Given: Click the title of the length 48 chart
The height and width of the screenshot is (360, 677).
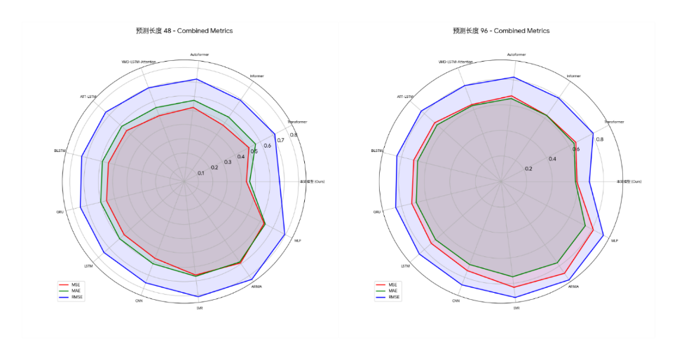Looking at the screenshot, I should tap(184, 31).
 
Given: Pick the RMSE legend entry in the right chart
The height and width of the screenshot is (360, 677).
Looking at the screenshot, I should tap(392, 297).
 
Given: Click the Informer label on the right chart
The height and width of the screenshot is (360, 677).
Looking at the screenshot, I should tap(573, 76).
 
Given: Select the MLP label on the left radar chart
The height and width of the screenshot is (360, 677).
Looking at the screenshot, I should tap(298, 241).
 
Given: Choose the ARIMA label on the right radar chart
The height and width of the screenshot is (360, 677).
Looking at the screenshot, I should tap(573, 286).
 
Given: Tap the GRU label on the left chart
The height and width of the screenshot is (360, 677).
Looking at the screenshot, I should tap(60, 212).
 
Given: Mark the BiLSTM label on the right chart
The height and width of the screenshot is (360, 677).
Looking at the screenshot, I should tap(377, 151).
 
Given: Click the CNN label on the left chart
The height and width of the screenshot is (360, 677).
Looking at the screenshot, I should tap(139, 300).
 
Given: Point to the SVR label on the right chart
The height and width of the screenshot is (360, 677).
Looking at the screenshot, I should tap(517, 307).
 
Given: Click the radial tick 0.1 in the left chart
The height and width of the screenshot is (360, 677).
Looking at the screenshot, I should tap(201, 173).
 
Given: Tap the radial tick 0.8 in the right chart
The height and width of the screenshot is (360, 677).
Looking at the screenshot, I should tap(599, 139).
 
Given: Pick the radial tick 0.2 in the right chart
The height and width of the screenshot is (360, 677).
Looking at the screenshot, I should tap(528, 168).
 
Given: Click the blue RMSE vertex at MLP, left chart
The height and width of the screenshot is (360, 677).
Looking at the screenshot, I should tap(285, 235).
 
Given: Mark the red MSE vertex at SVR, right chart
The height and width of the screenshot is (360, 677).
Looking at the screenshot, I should tap(515, 287).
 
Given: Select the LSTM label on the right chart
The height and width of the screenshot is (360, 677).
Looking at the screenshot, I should tap(406, 266).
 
